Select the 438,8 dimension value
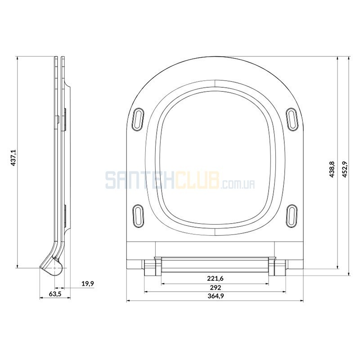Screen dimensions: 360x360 point(332,169)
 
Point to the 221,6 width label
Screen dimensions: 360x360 point(215,279)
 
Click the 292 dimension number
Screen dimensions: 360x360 point(216,288)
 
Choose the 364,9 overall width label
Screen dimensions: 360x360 point(216,296)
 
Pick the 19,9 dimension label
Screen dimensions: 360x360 point(88,283)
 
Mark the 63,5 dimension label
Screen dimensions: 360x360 point(55,294)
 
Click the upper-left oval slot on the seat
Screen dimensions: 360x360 point(138,119)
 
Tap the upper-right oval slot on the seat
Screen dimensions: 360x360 point(292,119)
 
